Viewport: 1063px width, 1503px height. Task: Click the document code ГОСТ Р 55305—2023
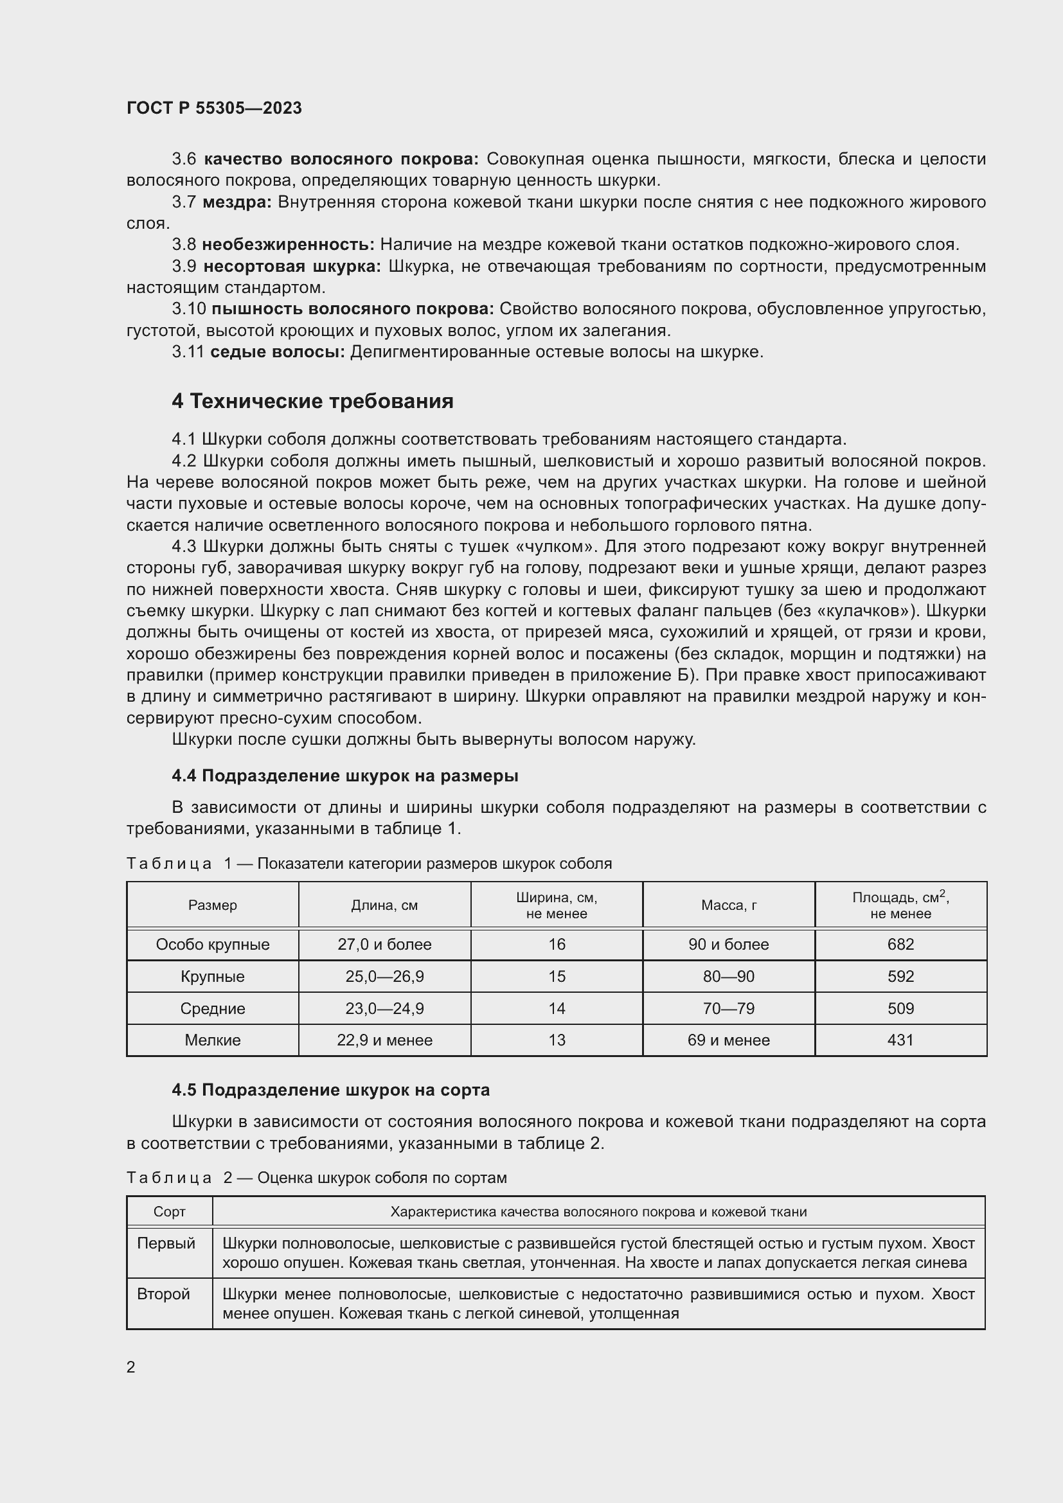(214, 108)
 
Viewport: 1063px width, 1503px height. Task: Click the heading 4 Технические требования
(312, 400)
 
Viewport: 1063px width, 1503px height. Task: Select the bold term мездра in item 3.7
(237, 202)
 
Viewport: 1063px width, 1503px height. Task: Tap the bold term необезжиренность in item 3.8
(287, 245)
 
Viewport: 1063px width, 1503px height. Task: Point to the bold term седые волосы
(277, 352)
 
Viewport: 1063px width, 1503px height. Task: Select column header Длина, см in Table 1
(384, 905)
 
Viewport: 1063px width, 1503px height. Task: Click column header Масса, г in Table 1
(729, 905)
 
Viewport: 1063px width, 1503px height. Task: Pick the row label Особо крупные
(213, 945)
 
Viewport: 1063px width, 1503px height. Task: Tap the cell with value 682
(900, 945)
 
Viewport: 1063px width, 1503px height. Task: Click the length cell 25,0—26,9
(384, 977)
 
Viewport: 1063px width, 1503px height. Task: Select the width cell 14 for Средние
(557, 1009)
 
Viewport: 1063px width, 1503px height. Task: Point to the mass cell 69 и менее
(729, 1040)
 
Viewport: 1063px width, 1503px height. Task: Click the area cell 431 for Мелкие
(900, 1040)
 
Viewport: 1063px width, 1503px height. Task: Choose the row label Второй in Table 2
(164, 1294)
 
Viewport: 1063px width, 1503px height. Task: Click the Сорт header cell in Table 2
(170, 1212)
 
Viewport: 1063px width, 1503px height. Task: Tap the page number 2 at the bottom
(131, 1367)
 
